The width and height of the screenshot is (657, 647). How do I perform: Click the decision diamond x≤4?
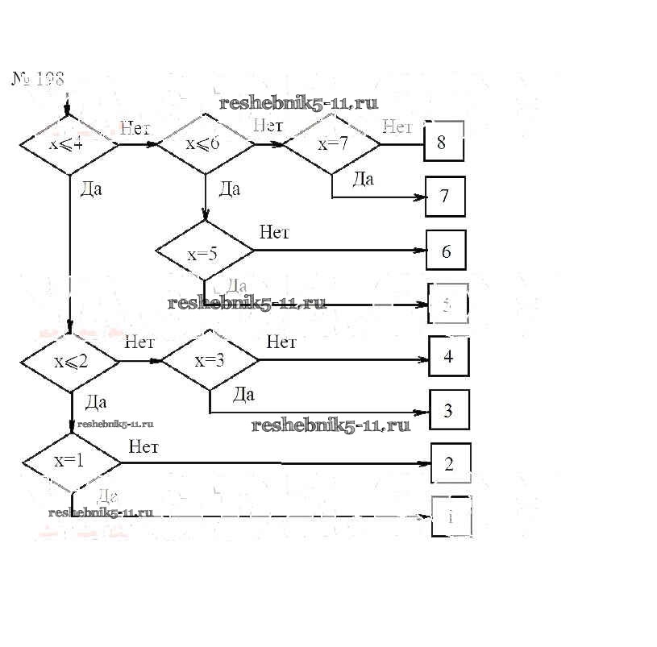pyautogui.click(x=69, y=145)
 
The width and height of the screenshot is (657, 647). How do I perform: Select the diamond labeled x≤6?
pyautogui.click(x=205, y=145)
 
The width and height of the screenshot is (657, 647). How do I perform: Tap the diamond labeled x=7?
pyautogui.click(x=332, y=145)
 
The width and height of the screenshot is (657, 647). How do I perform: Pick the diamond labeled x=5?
pyautogui.click(x=204, y=253)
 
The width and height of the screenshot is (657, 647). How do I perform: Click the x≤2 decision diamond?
pyautogui.click(x=70, y=360)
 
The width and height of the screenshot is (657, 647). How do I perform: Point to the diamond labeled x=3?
pyautogui.click(x=210, y=360)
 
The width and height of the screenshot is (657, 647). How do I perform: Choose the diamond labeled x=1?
pyautogui.click(x=71, y=462)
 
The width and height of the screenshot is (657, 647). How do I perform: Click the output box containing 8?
pyautogui.click(x=443, y=143)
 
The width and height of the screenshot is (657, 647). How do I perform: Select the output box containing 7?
pyautogui.click(x=445, y=196)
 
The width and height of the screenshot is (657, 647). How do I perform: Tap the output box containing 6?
pyautogui.click(x=446, y=251)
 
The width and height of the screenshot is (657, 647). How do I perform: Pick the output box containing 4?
pyautogui.click(x=449, y=357)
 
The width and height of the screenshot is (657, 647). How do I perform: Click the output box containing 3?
pyautogui.click(x=449, y=410)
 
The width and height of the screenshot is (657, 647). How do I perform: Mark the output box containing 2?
pyautogui.click(x=450, y=463)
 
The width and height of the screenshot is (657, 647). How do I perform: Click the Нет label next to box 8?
pyautogui.click(x=397, y=126)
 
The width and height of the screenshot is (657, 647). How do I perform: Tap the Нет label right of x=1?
pyautogui.click(x=143, y=446)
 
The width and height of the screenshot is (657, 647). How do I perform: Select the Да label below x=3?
pyautogui.click(x=243, y=394)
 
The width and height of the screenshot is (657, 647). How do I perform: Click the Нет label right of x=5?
pyautogui.click(x=274, y=232)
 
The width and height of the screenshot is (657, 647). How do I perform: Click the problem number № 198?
pyautogui.click(x=37, y=78)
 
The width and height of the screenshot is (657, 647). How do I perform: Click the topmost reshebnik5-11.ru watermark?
pyautogui.click(x=298, y=103)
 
